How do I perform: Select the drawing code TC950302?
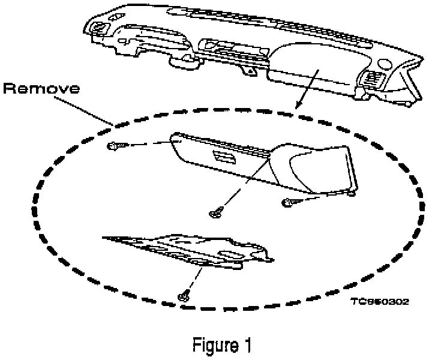point(380,302)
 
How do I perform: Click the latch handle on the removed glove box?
point(223,158)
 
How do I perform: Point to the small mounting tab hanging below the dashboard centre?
point(247,71)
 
